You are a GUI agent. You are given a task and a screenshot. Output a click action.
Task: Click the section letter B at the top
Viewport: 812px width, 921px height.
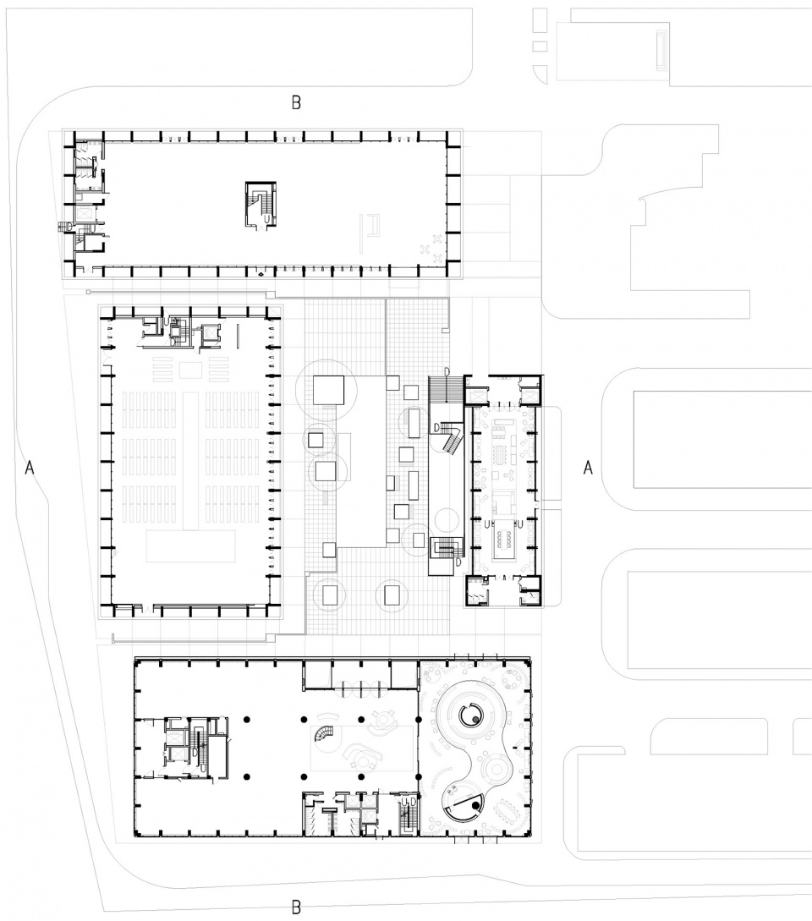[x=296, y=103]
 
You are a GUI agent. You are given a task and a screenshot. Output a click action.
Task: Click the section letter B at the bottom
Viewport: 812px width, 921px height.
[x=296, y=907]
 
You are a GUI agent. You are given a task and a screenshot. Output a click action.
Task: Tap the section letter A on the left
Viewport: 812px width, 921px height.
[x=30, y=468]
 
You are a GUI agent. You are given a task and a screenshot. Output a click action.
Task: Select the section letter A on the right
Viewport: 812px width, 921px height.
[x=587, y=468]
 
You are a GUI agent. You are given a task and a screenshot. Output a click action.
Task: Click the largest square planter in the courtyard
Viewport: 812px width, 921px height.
[x=328, y=390]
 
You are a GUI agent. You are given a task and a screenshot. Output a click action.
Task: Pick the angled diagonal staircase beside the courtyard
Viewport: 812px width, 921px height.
[x=450, y=438]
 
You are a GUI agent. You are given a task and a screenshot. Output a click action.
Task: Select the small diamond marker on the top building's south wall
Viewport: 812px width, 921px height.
[x=259, y=274]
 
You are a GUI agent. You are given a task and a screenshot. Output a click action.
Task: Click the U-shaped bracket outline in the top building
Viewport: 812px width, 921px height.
[x=370, y=225]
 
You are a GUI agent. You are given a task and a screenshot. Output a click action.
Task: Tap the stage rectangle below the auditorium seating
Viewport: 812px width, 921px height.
[x=191, y=546]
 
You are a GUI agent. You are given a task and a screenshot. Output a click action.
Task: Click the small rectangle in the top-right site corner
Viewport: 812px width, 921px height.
[x=661, y=49]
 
